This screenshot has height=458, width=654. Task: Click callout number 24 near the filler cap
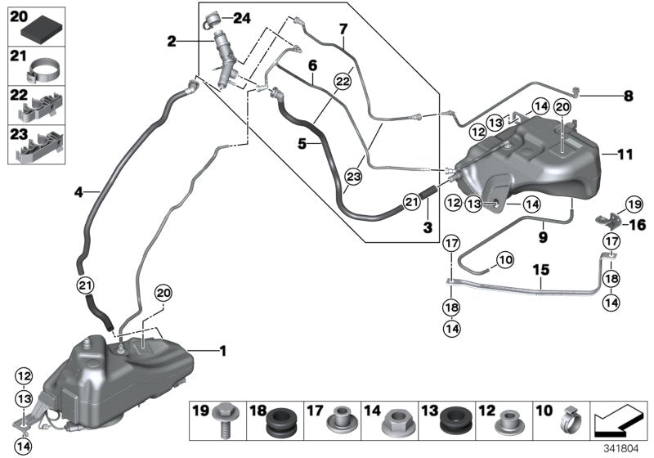tap(244, 17)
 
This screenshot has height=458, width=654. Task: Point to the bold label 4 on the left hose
tap(78, 193)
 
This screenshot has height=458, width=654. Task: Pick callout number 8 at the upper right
tap(628, 96)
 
